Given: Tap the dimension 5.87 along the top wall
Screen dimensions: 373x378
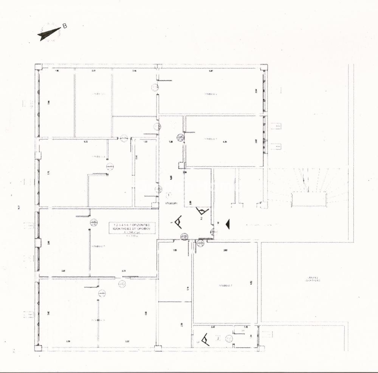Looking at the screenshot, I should tap(211, 71).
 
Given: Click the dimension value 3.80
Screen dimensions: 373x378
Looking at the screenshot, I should tap(225, 250).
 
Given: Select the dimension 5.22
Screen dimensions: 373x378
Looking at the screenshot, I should tap(86, 142).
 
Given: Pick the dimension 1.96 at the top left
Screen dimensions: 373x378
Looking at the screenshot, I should tap(57, 71).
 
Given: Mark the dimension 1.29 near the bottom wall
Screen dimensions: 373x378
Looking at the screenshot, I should tap(68, 342).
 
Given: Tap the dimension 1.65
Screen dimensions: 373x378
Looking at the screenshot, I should tap(175, 250).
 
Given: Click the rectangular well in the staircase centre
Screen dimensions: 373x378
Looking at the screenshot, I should tap(308, 199).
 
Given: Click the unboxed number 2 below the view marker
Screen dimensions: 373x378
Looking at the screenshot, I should tap(201, 218).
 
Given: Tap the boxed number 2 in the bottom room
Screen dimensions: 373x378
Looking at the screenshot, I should tap(217, 338).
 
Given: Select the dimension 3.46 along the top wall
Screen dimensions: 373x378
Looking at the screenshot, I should tap(134, 71).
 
